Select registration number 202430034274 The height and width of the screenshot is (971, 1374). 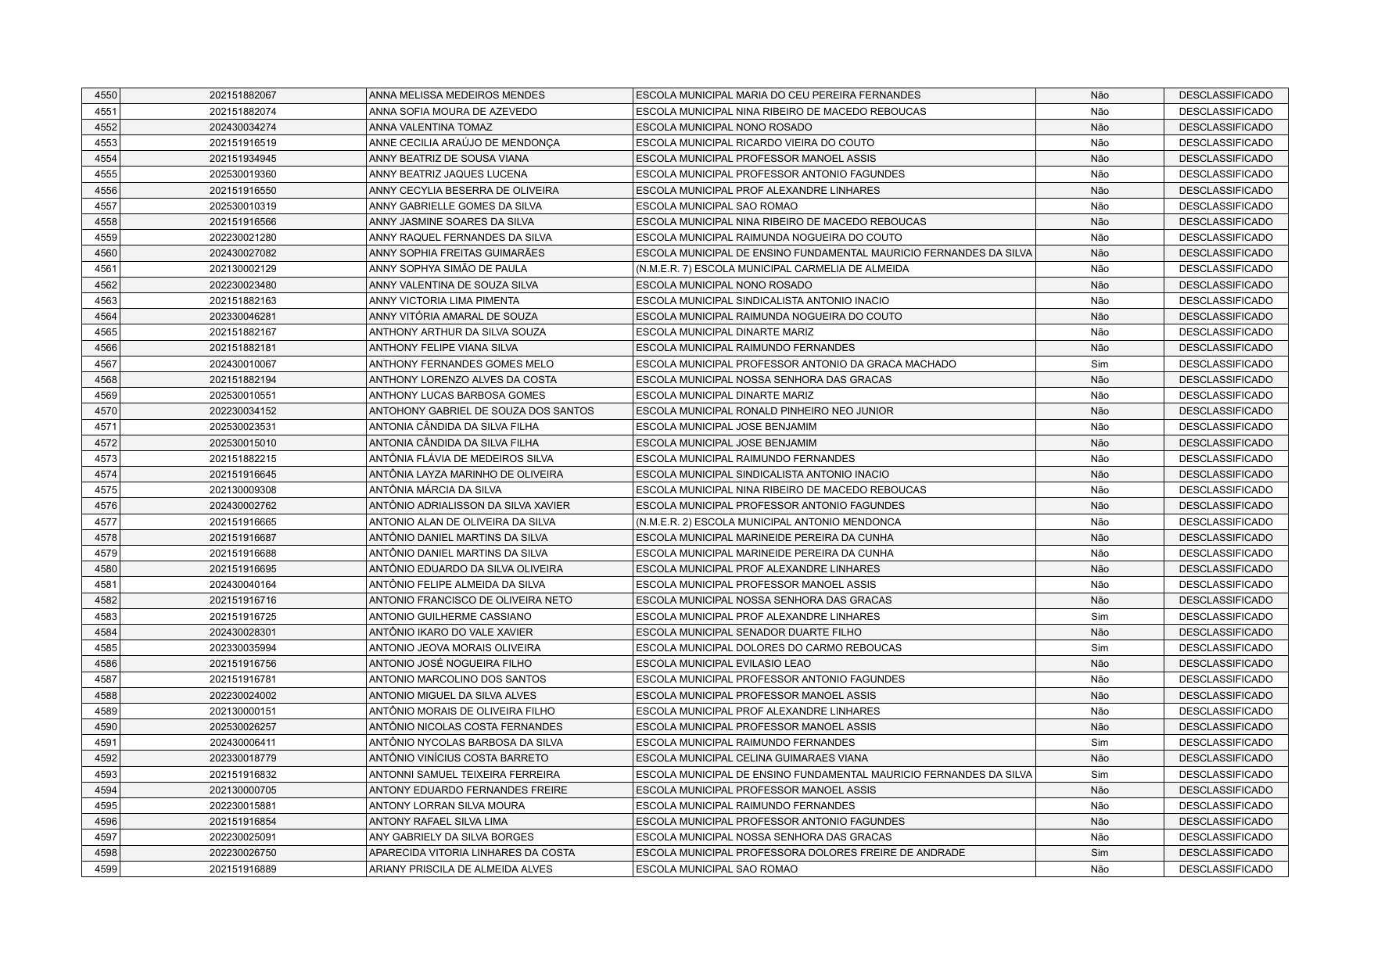point(242,127)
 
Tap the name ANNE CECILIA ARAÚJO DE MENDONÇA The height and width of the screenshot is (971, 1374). point(464,143)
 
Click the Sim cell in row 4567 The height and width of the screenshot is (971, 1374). point(1099,364)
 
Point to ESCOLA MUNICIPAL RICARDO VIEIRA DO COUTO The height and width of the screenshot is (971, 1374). point(755,143)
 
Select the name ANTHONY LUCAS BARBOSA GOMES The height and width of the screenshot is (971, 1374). point(457,396)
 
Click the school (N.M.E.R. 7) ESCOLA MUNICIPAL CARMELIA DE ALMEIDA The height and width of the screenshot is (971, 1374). point(772,269)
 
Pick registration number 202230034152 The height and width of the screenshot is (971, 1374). point(242,411)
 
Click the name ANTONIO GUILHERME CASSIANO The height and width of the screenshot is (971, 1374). point(450,617)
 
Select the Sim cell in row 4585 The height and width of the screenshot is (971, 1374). point(1099,648)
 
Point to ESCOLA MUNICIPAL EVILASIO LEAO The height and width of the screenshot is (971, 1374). point(712,664)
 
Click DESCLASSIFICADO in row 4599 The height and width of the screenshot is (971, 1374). point(1225,869)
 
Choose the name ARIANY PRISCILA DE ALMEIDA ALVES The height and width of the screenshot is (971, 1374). point(460,869)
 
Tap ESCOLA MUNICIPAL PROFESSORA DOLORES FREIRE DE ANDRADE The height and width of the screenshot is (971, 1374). point(800,853)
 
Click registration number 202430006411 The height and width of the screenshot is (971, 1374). point(242,743)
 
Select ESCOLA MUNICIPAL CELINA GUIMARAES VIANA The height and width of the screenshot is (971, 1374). point(752,758)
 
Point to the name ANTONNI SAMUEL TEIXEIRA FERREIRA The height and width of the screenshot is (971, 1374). point(464,775)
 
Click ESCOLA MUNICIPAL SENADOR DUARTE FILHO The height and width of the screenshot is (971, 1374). point(748,632)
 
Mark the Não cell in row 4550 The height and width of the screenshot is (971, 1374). point(1099,95)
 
